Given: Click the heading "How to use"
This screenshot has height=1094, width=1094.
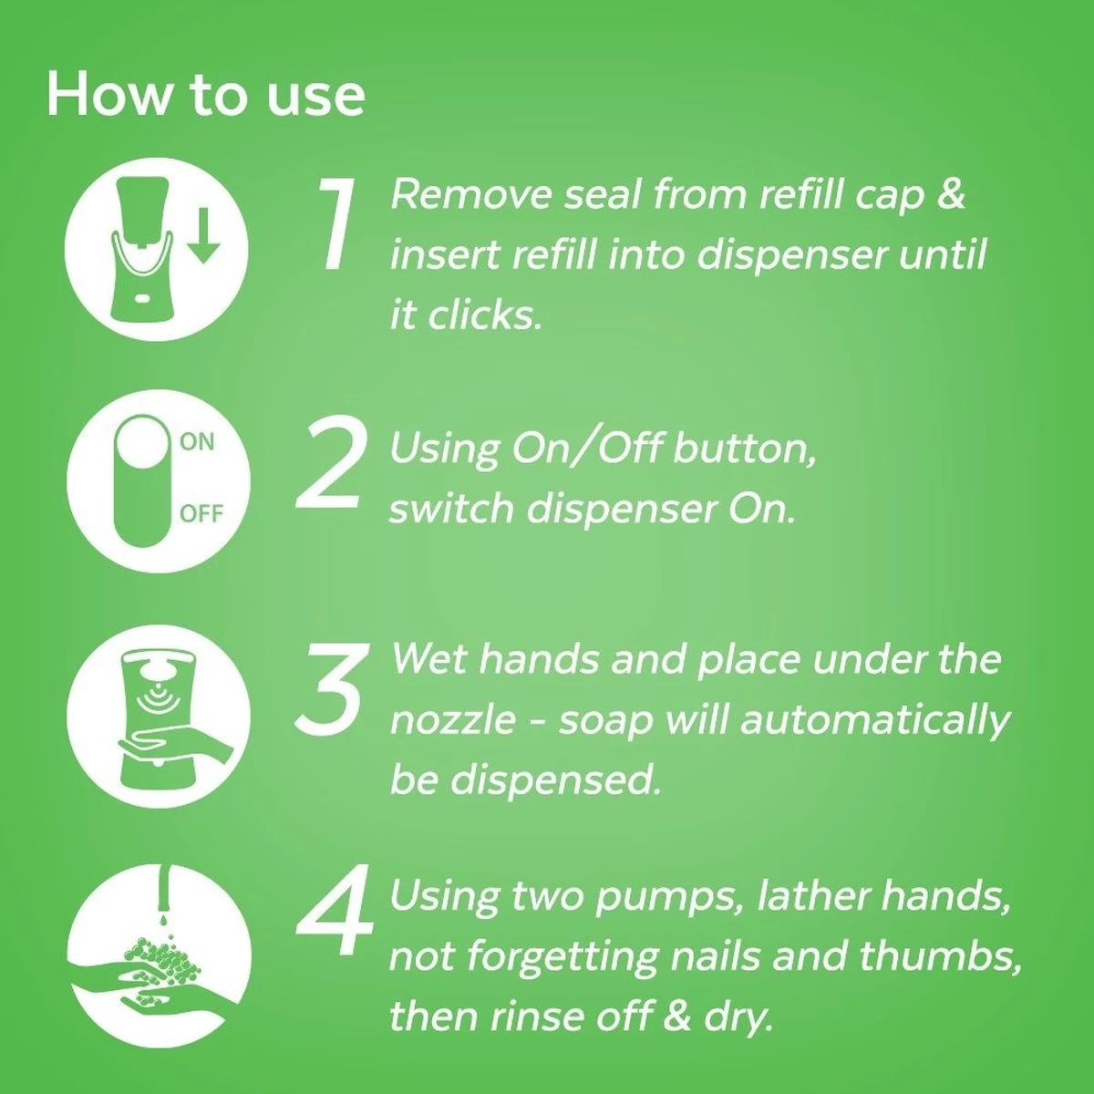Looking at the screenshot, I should pyautogui.click(x=205, y=95).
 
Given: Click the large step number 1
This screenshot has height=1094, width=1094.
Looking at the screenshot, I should pyautogui.click(x=339, y=224).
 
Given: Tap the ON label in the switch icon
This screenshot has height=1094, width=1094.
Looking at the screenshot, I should pyautogui.click(x=197, y=442).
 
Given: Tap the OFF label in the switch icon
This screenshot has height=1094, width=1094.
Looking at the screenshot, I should pyautogui.click(x=201, y=513).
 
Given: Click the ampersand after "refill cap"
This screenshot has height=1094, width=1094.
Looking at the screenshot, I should pyautogui.click(x=951, y=194).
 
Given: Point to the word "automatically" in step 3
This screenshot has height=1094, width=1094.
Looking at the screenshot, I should pyautogui.click(x=875, y=720).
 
